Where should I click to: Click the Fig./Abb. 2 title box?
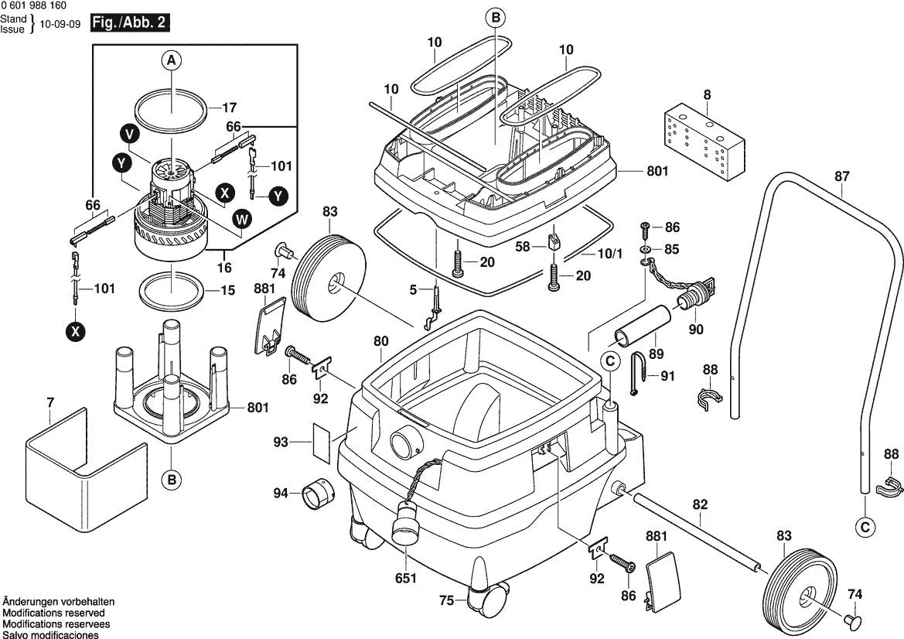pyautogui.click(x=129, y=22)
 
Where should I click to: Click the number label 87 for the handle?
pyautogui.click(x=841, y=176)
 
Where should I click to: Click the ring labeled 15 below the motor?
pyautogui.click(x=172, y=289)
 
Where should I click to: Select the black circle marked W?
pyautogui.click(x=241, y=220)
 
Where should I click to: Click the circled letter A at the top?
pyautogui.click(x=171, y=60)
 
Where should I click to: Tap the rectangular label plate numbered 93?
pyautogui.click(x=321, y=442)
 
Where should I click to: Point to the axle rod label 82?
pyautogui.click(x=699, y=504)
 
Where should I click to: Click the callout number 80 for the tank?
pyautogui.click(x=380, y=341)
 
